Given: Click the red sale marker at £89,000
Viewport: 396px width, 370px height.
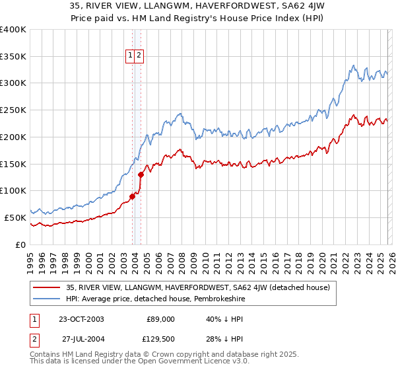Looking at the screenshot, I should pyautogui.click(x=133, y=196).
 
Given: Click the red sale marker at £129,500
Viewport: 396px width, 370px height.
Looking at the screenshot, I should pyautogui.click(x=141, y=174).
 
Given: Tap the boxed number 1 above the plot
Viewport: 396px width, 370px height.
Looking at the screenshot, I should pyautogui.click(x=130, y=56).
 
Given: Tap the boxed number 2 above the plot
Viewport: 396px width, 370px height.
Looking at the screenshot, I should pyautogui.click(x=140, y=56).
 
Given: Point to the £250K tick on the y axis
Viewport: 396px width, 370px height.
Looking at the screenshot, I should pyautogui.click(x=13, y=110).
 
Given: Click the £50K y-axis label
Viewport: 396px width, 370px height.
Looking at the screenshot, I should pyautogui.click(x=15, y=217).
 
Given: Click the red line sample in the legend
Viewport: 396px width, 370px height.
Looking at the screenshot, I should pyautogui.click(x=48, y=287).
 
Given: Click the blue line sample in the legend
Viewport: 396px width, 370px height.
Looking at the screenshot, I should pyautogui.click(x=48, y=298).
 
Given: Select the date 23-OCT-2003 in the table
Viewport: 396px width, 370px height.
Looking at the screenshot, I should pyautogui.click(x=81, y=318).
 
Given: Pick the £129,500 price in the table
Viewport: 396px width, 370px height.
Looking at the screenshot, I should pyautogui.click(x=160, y=339).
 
